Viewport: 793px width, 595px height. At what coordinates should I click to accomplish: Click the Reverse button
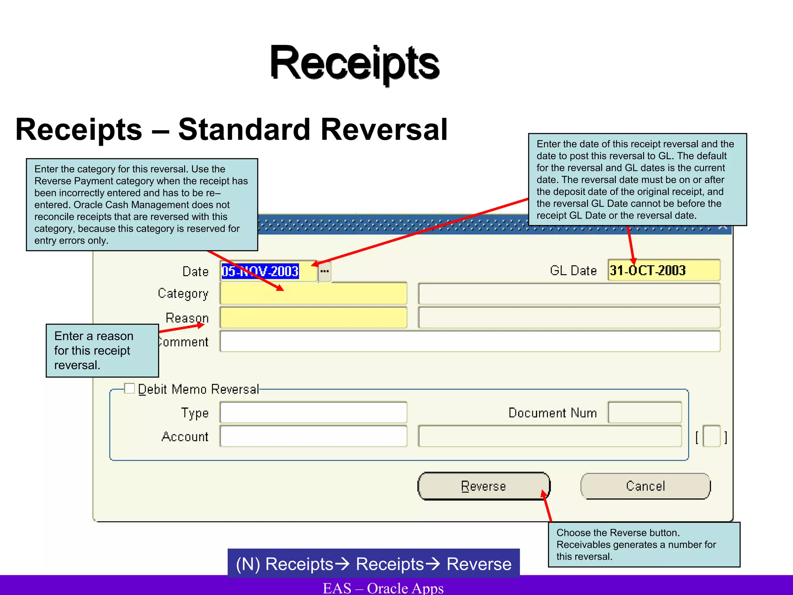pos(484,486)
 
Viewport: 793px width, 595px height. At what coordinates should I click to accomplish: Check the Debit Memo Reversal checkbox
pos(130,388)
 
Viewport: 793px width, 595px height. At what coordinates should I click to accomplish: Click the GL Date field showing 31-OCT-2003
pos(664,270)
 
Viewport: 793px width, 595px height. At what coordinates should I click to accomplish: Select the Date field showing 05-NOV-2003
pos(268,271)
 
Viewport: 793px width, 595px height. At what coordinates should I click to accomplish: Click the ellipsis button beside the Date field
pos(324,271)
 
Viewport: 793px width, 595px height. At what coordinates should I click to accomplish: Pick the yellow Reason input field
pos(314,318)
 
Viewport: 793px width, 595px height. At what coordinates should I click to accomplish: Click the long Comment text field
pos(470,341)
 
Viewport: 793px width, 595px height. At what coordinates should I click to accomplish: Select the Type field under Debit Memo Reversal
pos(313,413)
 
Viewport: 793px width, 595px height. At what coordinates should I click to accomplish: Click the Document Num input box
pos(645,413)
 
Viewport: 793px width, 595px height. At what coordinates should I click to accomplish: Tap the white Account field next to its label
pos(313,436)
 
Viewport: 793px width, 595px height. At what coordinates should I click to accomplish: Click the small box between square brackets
pos(711,437)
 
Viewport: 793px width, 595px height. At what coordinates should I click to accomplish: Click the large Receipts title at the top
pos(354,63)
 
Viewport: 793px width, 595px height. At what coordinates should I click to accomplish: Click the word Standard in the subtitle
pos(244,130)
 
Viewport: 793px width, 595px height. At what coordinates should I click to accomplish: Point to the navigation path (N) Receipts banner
pos(373,564)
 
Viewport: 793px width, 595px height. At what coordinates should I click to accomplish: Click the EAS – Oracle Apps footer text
pos(383,588)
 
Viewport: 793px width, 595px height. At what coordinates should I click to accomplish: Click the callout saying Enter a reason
pos(102,351)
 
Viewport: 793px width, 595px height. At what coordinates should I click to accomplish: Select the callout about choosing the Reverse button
pos(644,544)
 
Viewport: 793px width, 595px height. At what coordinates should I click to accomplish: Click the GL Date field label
pos(573,270)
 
